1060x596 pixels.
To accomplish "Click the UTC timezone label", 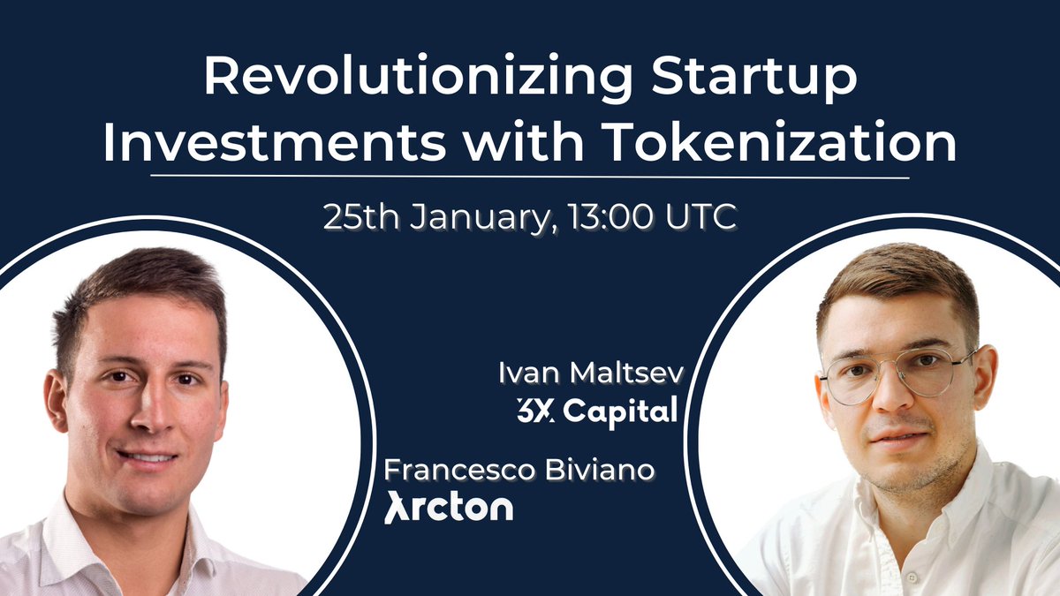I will point(703,216).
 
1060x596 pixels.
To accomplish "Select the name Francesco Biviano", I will point(520,470).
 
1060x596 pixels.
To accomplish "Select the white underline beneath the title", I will point(530,177).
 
